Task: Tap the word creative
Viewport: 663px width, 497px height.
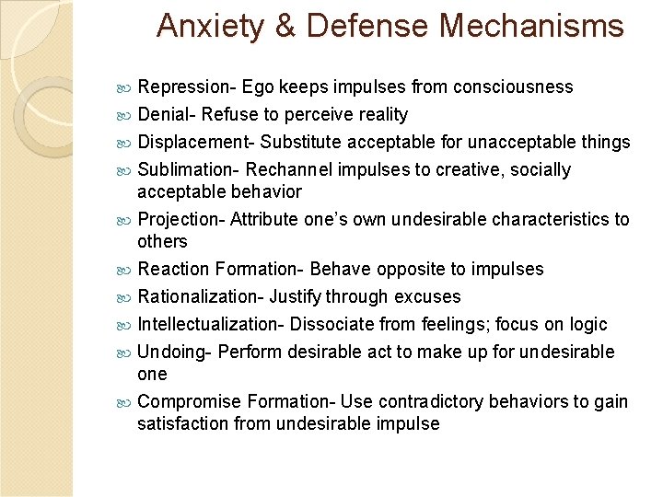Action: (x=483, y=170)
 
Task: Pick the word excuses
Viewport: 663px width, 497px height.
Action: (x=428, y=297)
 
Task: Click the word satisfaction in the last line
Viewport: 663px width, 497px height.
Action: (x=180, y=424)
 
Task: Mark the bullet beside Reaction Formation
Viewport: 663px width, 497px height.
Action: (x=125, y=270)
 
